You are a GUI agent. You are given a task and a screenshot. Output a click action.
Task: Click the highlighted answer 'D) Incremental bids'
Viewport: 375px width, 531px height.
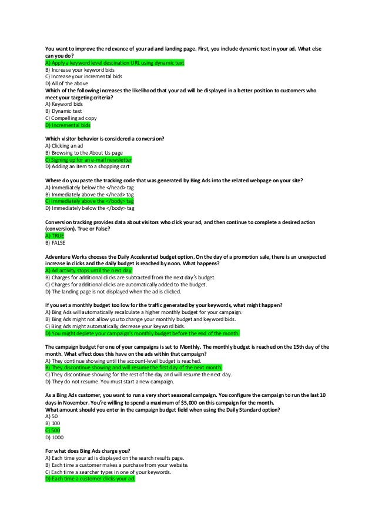(68, 125)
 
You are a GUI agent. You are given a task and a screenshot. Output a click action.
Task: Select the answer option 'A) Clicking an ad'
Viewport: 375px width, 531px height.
(64, 145)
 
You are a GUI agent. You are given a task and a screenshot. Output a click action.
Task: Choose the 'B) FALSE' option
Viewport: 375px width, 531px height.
(55, 242)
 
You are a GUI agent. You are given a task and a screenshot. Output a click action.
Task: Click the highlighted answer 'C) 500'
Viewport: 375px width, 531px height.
(52, 430)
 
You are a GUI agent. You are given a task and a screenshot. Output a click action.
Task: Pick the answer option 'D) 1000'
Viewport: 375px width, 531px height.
(54, 438)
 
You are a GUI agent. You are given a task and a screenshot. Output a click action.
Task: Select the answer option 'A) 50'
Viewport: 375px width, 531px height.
(51, 416)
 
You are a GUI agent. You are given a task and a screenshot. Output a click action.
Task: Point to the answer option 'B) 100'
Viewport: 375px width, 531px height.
(52, 423)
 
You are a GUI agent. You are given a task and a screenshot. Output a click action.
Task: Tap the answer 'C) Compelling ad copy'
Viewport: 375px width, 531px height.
(71, 118)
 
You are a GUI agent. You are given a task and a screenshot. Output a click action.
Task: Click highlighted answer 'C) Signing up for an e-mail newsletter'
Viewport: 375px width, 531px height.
(88, 159)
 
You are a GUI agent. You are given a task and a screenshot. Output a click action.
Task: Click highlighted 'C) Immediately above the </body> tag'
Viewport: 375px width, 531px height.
(89, 201)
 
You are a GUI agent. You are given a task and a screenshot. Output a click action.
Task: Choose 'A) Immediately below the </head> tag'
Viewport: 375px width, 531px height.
(89, 187)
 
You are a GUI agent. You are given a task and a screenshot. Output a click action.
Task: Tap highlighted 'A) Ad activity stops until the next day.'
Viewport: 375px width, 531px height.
(89, 270)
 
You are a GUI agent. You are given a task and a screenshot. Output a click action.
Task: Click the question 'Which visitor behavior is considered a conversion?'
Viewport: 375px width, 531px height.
(105, 138)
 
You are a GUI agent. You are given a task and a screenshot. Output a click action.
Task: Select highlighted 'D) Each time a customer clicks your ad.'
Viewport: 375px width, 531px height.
(90, 479)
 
